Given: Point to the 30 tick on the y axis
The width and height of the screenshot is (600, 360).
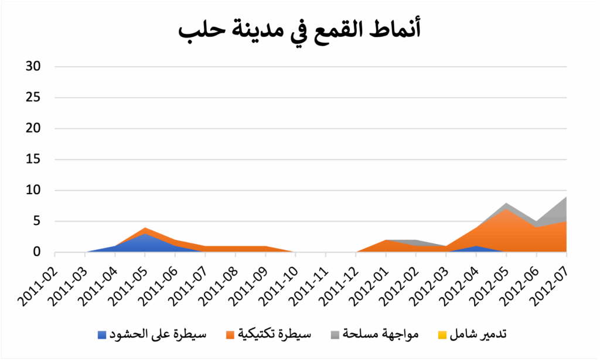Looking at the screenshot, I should click(x=33, y=66).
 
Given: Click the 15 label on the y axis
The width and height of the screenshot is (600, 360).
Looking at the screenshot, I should click(x=33, y=159).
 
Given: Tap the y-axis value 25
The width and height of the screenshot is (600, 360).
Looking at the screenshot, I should click(x=33, y=97).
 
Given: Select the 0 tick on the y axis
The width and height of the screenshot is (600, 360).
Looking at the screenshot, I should click(x=36, y=253).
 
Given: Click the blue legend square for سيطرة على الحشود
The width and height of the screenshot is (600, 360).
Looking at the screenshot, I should click(x=103, y=335).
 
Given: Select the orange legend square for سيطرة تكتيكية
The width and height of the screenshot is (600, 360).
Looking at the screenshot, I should click(x=230, y=335).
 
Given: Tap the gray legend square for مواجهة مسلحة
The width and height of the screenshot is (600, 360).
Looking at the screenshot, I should click(x=335, y=335).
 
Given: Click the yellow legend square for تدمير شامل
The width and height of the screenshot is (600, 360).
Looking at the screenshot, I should click(x=442, y=335).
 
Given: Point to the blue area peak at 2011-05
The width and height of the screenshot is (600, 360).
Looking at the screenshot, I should click(x=145, y=235).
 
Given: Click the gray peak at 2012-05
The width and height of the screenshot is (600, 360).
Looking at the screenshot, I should click(x=507, y=205).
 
